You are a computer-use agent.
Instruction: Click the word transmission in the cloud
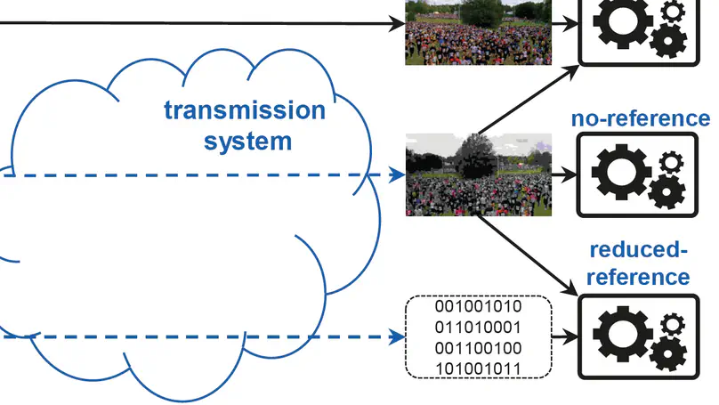[x=245, y=111]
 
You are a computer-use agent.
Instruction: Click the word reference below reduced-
[x=638, y=277]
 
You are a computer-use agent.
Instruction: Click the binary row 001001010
[x=478, y=307]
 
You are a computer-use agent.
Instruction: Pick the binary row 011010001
[x=478, y=328]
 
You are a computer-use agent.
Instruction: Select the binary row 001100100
[x=478, y=348]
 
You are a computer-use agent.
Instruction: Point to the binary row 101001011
[x=478, y=369]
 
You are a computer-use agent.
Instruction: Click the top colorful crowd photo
[x=478, y=31]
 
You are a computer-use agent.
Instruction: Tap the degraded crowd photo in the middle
[x=478, y=174]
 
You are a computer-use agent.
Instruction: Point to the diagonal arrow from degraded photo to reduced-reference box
[x=525, y=254]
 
